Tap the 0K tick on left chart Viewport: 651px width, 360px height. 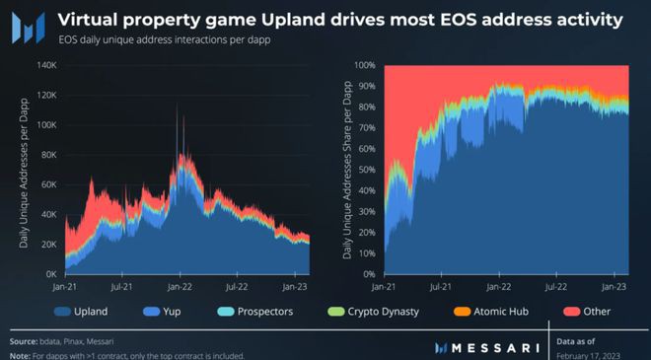[50, 273]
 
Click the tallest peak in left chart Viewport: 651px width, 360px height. [178, 104]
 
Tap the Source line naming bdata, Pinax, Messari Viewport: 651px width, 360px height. [84, 338]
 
